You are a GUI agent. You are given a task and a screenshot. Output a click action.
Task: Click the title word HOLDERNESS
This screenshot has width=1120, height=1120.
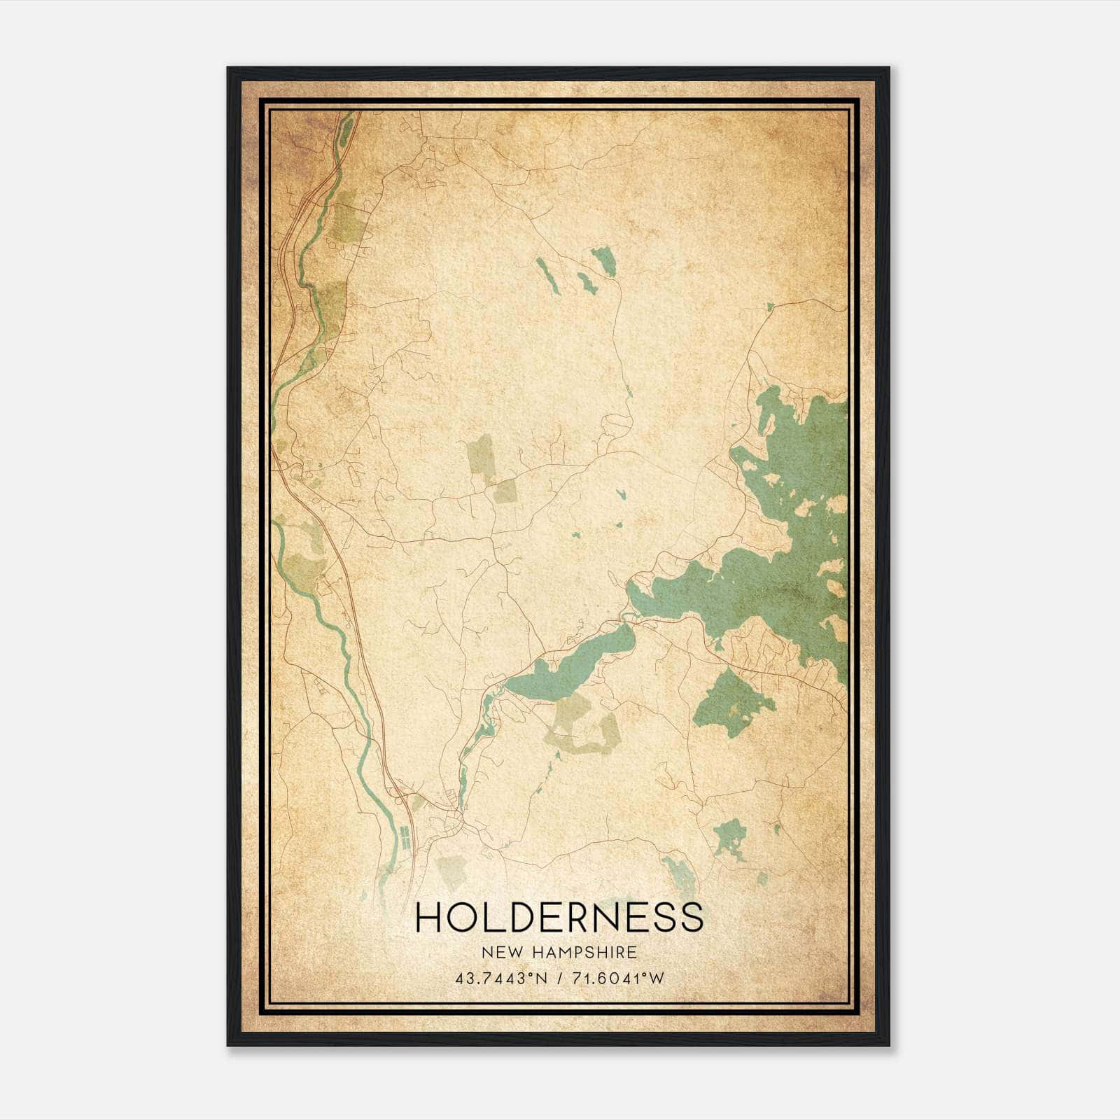click(559, 917)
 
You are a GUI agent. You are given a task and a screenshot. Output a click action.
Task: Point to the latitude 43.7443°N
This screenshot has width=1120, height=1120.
click(498, 979)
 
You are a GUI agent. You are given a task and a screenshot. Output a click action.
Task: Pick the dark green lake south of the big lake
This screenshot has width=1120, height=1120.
click(731, 703)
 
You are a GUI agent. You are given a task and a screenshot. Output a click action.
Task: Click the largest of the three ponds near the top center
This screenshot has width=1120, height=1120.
click(603, 260)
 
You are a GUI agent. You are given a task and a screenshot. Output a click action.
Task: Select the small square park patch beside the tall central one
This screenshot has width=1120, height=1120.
click(505, 491)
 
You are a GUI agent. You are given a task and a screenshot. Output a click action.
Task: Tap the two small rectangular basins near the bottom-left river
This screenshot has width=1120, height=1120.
click(404, 837)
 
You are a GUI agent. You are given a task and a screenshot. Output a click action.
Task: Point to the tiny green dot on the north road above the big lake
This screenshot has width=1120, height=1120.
click(770, 307)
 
